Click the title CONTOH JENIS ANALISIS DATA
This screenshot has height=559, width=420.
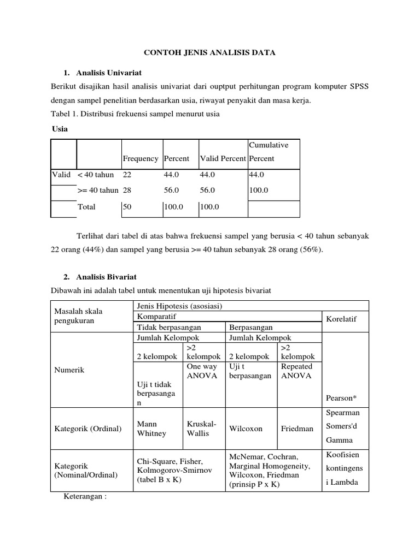(209, 52)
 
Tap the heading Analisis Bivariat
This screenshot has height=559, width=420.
(106, 277)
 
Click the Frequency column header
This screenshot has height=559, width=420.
(141, 159)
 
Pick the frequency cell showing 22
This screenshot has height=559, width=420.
(127, 175)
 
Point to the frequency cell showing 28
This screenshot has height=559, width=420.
(127, 191)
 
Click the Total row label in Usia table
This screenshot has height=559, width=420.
(87, 207)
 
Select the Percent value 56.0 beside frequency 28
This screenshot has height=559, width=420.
(172, 191)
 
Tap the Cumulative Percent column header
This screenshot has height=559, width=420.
(269, 152)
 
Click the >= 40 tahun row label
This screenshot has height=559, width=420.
(98, 191)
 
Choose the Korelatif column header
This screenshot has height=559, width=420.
(341, 319)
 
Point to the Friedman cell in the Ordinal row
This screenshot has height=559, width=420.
(297, 429)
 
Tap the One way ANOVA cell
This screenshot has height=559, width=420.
(202, 371)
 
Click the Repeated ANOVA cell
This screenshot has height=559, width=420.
(296, 371)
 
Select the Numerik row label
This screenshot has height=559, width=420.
(69, 370)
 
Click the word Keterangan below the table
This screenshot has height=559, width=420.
(85, 498)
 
